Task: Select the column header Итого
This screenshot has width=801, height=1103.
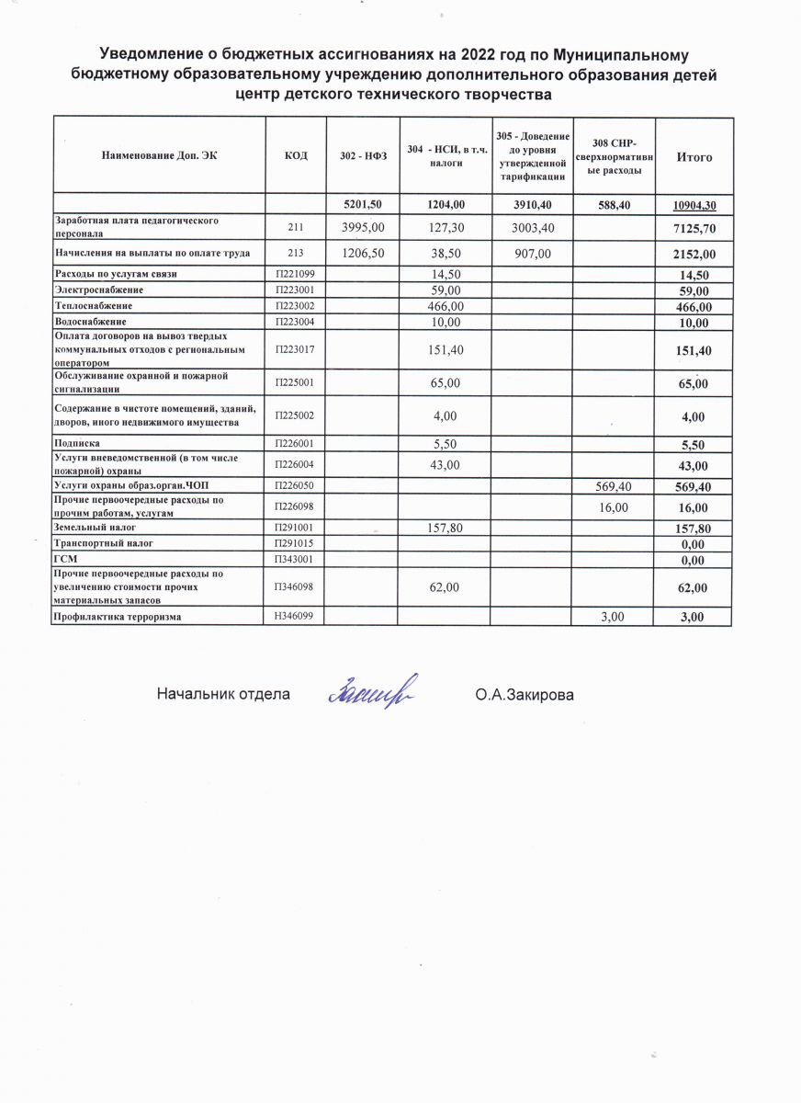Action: pos(694,157)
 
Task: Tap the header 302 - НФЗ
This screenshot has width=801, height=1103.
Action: pos(363,157)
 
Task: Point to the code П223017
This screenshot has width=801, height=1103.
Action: pos(296,349)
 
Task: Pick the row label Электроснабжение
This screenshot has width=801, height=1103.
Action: pos(94,290)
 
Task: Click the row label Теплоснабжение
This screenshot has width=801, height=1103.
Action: pos(93,305)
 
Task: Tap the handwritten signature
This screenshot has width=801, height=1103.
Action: pos(371,690)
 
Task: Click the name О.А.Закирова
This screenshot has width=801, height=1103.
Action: pos(524,695)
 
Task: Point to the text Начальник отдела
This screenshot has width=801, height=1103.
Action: pos(222,695)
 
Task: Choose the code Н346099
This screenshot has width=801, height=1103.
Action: pos(296,616)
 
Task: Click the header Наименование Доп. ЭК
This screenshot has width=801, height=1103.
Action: pos(159,157)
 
